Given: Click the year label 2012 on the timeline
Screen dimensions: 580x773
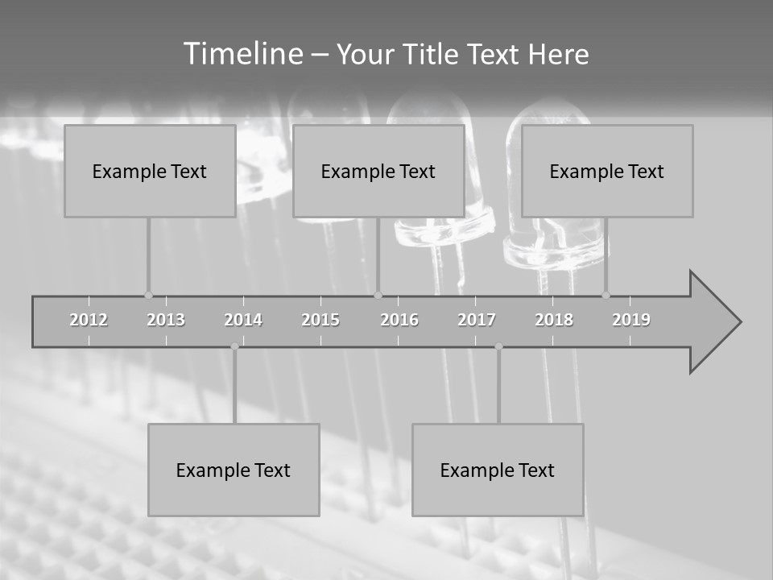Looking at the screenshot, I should coord(89,320).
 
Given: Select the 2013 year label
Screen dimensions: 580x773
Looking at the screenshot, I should coord(166,320).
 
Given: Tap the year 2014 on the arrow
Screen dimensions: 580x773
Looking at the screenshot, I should coord(243,320).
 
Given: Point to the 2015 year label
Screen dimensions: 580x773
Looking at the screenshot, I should coord(320,320).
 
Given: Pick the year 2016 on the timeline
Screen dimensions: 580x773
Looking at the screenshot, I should coord(399,320).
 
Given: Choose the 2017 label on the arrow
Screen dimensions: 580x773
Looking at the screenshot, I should coord(477,320).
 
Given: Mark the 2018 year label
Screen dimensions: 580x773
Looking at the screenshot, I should coord(554,320).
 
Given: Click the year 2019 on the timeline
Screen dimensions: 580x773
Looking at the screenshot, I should coord(631,320).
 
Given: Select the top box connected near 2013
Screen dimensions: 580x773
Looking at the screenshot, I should coord(150,171).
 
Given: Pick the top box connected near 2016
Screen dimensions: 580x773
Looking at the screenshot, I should coord(378,171).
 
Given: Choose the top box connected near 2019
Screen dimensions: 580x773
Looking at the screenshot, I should coord(607,171).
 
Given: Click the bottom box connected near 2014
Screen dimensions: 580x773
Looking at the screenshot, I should coord(234,470).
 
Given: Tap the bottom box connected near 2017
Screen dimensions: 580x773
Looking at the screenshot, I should coord(498,470).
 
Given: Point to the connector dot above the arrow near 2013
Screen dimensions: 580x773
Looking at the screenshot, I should coord(148,295).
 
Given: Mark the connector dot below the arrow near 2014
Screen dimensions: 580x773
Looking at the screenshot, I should coord(234,346).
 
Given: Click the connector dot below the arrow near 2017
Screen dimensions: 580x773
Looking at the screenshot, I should coord(498,346).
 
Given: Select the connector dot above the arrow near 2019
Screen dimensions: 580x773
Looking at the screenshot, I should coord(606,295).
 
